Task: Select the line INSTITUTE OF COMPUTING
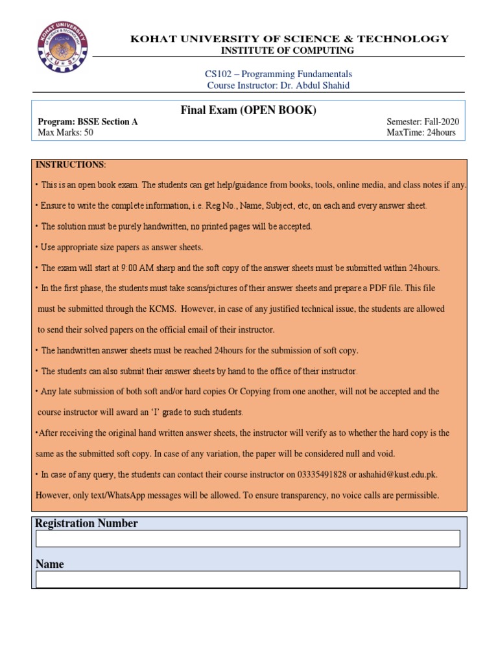(287, 50)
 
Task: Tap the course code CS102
(219, 74)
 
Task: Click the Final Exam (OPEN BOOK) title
(248, 111)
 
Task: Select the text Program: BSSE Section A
(88, 122)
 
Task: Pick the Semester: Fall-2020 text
(422, 122)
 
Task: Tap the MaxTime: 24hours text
(421, 133)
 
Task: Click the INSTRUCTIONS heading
(70, 165)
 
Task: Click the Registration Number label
(86, 523)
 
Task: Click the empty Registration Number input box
(248, 539)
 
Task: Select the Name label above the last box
(50, 564)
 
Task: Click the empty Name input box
(248, 580)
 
